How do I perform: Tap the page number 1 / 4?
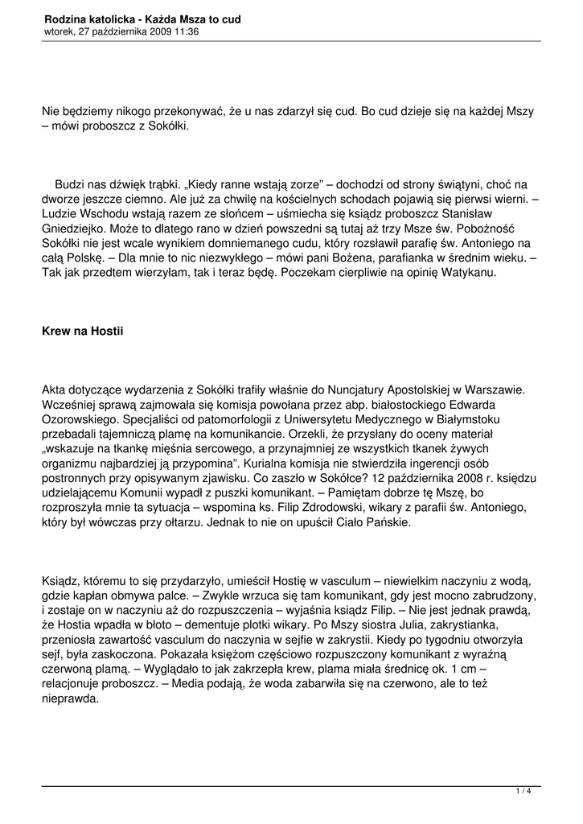(523, 792)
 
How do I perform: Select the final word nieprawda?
(71, 699)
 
